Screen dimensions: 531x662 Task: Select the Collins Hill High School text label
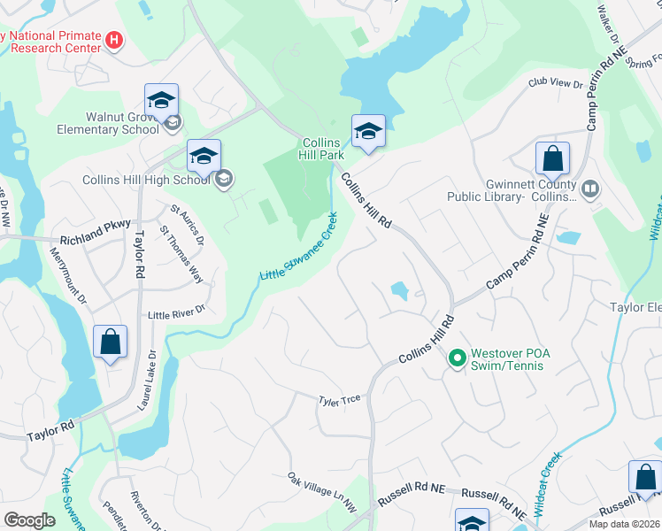[x=146, y=179]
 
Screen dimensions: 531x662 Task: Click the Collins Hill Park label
[x=323, y=148]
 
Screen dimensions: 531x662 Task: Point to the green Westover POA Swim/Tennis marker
[x=457, y=358]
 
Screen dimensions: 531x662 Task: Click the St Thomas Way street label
[x=181, y=254]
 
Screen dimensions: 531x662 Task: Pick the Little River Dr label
[x=176, y=312]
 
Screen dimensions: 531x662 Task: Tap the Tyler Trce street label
[x=340, y=400]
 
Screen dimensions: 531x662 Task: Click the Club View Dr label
[x=556, y=84]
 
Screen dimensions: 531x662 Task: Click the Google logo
[x=29, y=520]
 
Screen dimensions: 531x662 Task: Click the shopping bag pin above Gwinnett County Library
[x=552, y=160]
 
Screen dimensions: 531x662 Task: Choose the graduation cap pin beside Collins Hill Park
[x=368, y=133]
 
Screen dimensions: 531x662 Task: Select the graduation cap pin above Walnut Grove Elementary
[x=161, y=101]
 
